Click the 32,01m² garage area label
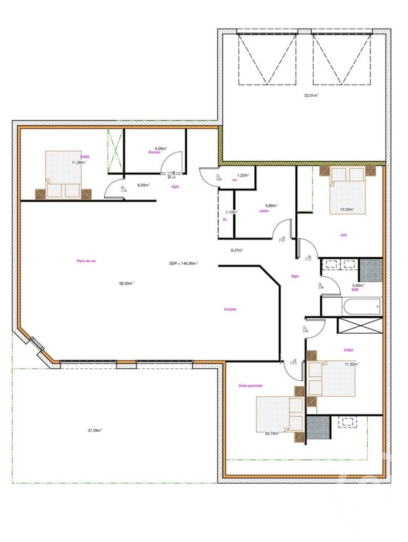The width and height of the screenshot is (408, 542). click(x=311, y=96)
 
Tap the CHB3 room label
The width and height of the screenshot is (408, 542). click(x=84, y=157)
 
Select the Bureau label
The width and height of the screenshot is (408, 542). click(x=154, y=153)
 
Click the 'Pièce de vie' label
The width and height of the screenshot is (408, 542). click(x=86, y=261)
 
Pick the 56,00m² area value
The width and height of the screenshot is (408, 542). click(x=126, y=283)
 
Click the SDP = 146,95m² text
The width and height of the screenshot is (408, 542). click(x=184, y=263)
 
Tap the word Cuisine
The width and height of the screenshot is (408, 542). click(x=230, y=310)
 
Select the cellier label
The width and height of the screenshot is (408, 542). click(x=264, y=211)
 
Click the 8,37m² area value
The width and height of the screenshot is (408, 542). click(x=237, y=250)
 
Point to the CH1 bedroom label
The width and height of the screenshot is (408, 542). click(x=344, y=235)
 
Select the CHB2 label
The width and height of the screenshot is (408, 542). click(x=348, y=350)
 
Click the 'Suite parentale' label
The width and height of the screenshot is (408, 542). click(x=251, y=386)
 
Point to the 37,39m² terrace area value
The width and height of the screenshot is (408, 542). click(x=95, y=430)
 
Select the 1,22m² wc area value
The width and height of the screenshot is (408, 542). click(x=242, y=175)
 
